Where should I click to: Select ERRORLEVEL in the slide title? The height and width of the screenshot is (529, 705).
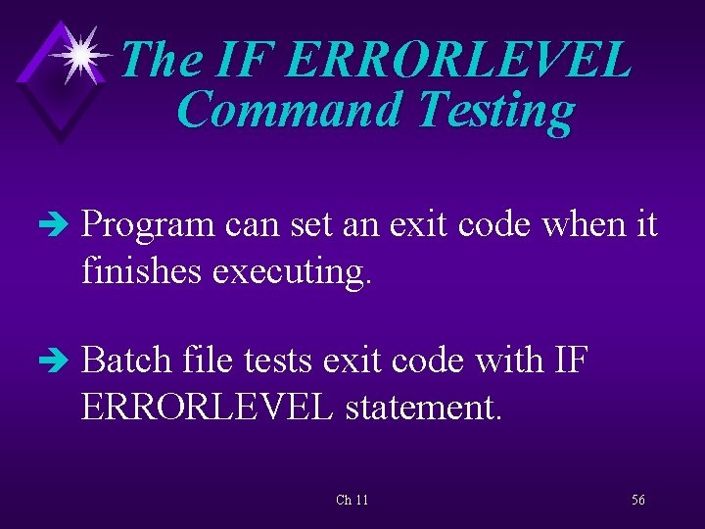(460, 60)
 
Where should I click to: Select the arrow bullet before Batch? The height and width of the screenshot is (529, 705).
(60, 361)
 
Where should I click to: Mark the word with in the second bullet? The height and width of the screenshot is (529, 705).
(512, 361)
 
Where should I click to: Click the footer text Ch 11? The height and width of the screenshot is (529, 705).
(352, 500)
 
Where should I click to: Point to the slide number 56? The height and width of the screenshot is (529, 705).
(637, 500)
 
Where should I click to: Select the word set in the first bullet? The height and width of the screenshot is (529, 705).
(300, 225)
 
